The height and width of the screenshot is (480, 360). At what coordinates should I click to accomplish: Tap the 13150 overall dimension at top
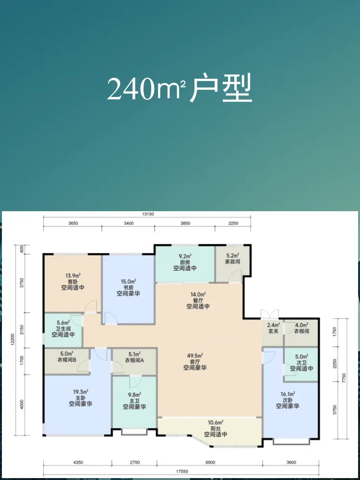point(147,214)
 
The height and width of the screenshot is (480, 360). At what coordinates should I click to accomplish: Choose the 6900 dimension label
point(210,462)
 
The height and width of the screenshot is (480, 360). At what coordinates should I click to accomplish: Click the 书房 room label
point(129,288)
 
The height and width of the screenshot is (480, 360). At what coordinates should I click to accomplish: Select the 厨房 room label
point(185,263)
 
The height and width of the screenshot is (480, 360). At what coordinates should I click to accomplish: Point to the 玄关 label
point(273,332)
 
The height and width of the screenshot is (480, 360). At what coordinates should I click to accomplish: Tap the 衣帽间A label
point(134,360)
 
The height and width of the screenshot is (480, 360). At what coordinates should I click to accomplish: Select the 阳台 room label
point(216,429)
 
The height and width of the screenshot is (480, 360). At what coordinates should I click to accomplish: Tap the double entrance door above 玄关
point(270,314)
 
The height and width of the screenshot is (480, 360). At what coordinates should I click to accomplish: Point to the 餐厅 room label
point(198,300)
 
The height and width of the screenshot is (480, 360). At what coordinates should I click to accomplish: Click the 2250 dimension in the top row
point(233,223)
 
